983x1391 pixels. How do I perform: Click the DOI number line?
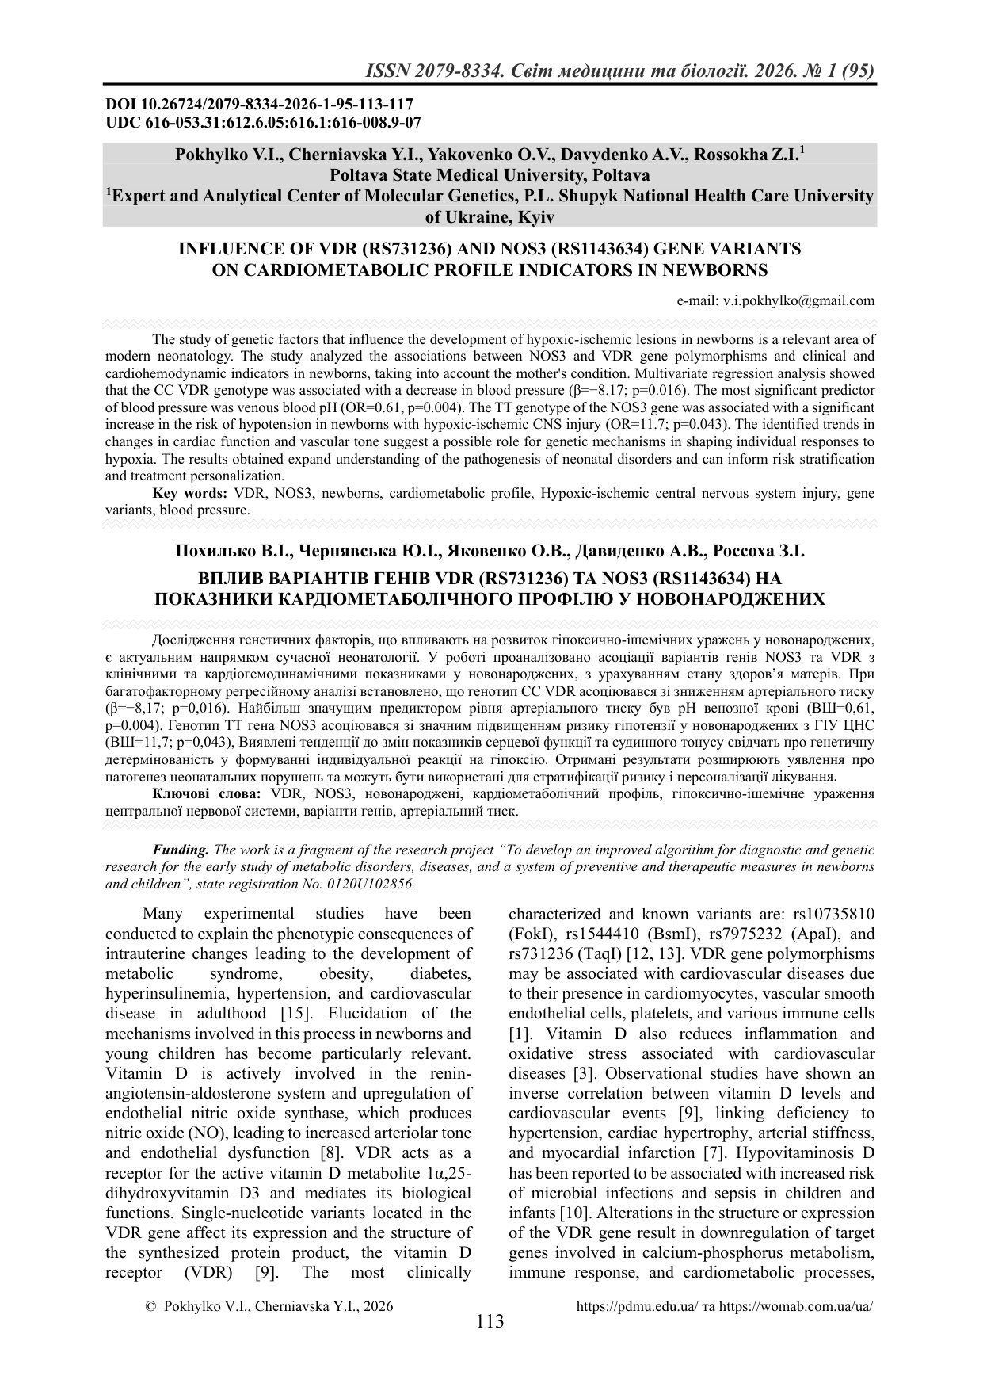(x=259, y=104)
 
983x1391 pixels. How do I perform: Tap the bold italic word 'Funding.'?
(x=181, y=850)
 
